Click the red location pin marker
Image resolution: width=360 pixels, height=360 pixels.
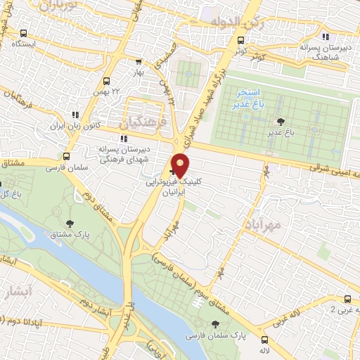coord(180,165)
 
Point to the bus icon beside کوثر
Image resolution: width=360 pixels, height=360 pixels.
coord(241,40)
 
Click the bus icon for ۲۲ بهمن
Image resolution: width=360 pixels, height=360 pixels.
coord(106,81)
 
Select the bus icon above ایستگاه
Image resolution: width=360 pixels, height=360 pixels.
coord(25,33)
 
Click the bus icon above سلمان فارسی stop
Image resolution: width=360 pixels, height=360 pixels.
coord(67,157)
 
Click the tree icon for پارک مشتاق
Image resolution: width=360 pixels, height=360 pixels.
coord(69,223)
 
